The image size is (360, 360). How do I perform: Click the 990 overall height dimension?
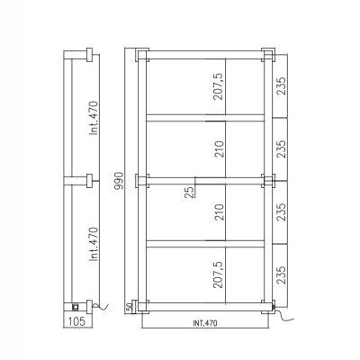pos(119,181)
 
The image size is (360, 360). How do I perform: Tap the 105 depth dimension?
pos(76,321)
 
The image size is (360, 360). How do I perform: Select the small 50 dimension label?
pos(129,307)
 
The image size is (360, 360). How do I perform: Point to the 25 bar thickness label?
pos(189,193)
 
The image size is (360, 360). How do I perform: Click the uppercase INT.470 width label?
pos(205,323)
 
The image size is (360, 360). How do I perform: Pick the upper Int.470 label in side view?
pos(94,118)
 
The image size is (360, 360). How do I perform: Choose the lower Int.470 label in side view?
pos(94,244)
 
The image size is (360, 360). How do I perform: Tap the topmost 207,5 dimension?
pos(219,86)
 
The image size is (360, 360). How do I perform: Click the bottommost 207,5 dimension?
pos(219,274)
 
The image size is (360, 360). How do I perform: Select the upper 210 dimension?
pos(220,149)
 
